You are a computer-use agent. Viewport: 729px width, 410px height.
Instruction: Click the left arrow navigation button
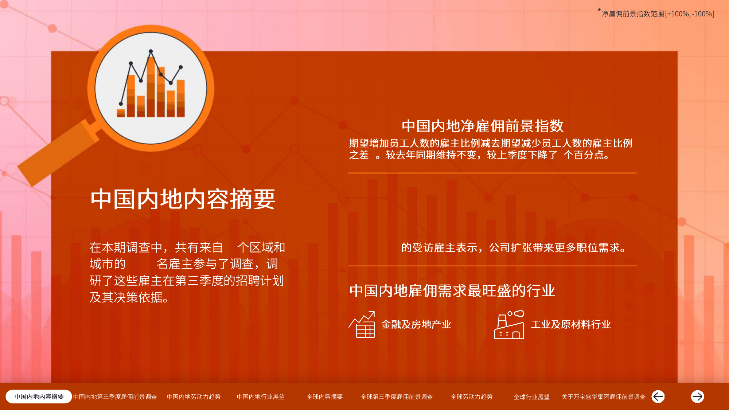(x=658, y=397)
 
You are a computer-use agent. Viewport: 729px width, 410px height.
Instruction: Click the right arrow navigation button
(x=697, y=397)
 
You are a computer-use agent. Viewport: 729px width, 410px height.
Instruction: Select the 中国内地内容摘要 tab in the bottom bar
(x=39, y=397)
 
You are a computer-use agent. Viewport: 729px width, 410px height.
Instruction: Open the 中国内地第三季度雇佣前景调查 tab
(x=115, y=397)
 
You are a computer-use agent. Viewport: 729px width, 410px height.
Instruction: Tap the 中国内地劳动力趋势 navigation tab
(x=194, y=397)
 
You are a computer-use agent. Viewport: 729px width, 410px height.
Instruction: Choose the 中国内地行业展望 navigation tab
(x=261, y=397)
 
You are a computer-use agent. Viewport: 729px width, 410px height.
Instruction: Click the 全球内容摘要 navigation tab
(x=325, y=397)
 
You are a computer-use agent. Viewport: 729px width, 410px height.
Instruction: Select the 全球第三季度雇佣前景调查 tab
(x=397, y=397)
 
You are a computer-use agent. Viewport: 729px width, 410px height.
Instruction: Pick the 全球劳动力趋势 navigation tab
(x=471, y=397)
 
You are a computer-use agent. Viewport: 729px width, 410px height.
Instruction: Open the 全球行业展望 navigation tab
(x=531, y=397)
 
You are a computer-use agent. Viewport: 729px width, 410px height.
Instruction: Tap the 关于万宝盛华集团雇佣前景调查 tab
(x=603, y=397)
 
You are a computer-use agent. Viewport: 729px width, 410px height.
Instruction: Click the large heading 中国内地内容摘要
(x=183, y=199)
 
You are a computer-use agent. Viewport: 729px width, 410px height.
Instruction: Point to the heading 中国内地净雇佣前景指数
(x=483, y=126)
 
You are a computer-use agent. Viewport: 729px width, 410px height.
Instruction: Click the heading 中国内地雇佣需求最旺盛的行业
(x=452, y=291)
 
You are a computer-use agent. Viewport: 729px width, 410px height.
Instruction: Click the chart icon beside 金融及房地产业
(x=362, y=324)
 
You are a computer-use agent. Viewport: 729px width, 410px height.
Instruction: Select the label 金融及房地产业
(x=416, y=324)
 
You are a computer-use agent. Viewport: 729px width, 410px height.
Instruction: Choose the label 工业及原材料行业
(x=570, y=324)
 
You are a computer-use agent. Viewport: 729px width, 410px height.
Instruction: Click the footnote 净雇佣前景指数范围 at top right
(x=656, y=13)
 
